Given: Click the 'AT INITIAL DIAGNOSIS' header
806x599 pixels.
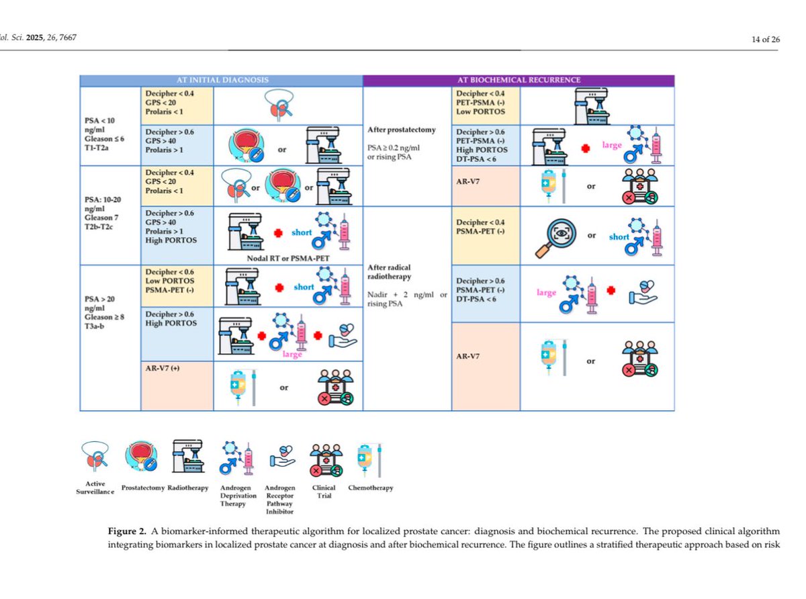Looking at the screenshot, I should (221, 80).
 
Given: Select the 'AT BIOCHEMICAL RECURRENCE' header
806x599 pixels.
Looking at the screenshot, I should (518, 80).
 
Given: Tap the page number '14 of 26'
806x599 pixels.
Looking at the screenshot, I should (766, 39).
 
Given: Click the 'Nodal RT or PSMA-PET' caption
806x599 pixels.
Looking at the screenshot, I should (289, 257).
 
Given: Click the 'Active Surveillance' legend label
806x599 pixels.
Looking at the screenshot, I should (95, 488).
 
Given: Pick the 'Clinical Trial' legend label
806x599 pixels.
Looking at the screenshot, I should (324, 492).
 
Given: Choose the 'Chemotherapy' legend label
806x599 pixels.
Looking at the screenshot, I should (370, 488).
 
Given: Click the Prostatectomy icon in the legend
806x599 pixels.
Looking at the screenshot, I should (142, 457).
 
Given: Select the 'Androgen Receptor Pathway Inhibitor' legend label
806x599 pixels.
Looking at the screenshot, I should (280, 500).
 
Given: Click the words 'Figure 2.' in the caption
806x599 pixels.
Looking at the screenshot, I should (127, 531).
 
